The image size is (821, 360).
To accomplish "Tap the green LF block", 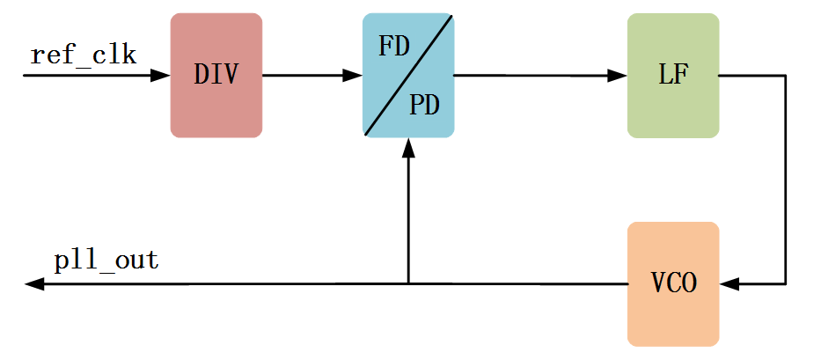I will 673,75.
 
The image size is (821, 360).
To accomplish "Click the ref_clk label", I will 84,55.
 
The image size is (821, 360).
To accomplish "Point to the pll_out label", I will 106,261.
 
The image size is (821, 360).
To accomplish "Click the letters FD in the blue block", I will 394,46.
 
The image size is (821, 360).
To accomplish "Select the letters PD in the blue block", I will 424,107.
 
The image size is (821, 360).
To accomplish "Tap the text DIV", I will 216,75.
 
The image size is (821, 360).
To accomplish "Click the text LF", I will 673,75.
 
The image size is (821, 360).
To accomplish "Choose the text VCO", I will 673,284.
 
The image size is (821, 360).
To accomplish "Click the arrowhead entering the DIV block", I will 160,76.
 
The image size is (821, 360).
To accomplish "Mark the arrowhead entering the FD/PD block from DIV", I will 353,76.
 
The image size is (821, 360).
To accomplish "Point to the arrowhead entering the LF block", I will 618,76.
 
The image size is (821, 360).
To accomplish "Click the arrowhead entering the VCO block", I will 729,284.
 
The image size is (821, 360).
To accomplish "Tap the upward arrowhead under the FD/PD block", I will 408,148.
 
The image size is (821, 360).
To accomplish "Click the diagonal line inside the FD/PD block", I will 408,75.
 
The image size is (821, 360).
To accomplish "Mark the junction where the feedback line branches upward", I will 408,283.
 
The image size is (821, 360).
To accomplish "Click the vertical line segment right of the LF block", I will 785,176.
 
